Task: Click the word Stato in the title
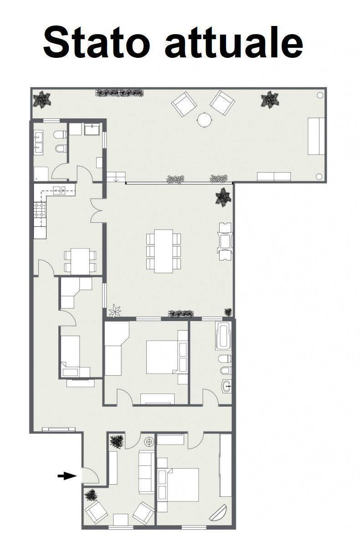pos(97,42)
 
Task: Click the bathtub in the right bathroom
pos(223,336)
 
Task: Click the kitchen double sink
pos(59,191)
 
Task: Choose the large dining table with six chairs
pos(164,251)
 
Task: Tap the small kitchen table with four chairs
pos(80,261)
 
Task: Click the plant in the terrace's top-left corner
pos(42,100)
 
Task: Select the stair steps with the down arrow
pos(116,177)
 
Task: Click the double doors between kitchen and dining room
pos(97,210)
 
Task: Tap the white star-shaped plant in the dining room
pos(115,311)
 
